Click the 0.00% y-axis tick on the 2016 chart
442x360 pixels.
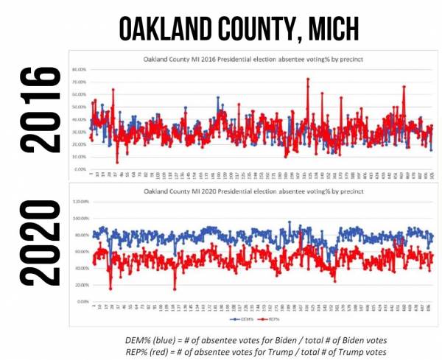[80, 169]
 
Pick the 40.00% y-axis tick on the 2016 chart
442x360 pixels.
[80, 119]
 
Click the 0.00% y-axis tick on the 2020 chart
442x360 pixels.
[80, 302]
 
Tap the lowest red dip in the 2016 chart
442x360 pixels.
[116, 162]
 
